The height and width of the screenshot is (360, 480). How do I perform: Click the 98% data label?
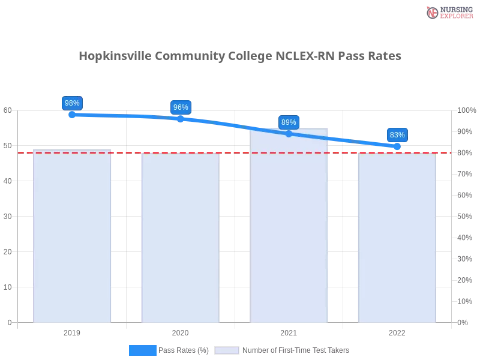coord(72,103)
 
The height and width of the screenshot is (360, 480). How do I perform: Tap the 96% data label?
coord(181,107)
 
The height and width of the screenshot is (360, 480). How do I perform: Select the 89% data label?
coord(289,122)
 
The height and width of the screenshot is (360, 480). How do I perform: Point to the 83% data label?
coord(397,135)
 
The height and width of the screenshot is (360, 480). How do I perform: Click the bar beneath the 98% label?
coord(72,240)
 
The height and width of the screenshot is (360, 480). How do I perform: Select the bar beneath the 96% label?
coord(180,240)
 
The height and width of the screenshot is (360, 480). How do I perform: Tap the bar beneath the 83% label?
coord(397,240)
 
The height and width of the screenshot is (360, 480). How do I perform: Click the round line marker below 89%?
coord(289,134)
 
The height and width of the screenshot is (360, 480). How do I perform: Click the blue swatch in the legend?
coord(143,350)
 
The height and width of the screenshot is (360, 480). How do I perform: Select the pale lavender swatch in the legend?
coord(227,350)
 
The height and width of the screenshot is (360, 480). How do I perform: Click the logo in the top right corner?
coord(448,12)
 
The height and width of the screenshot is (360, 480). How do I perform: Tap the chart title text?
coord(240,56)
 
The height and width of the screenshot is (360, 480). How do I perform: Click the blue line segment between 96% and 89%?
coord(234,125)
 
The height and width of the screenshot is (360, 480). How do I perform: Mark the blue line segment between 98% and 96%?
coord(126,116)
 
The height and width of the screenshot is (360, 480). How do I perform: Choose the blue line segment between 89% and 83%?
coord(342,140)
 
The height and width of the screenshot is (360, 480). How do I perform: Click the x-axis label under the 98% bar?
coord(72,331)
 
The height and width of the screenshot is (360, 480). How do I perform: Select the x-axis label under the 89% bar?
coord(289,331)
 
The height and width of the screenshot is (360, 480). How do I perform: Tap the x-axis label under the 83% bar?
coord(397,331)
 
